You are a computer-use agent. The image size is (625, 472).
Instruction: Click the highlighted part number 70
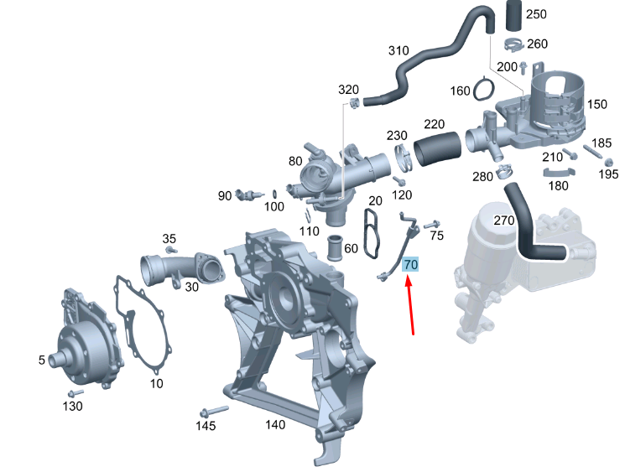(410, 264)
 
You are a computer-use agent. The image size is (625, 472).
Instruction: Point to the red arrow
(410, 306)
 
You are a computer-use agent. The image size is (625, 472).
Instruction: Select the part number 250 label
(536, 14)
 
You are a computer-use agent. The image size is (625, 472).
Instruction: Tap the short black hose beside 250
(513, 15)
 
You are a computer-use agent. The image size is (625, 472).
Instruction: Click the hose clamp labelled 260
(514, 44)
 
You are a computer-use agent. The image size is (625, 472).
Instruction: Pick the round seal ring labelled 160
(484, 89)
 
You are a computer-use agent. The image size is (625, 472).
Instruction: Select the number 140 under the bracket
(275, 424)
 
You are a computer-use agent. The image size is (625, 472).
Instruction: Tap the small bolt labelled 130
(76, 393)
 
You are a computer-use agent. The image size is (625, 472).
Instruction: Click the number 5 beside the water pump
(42, 360)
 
